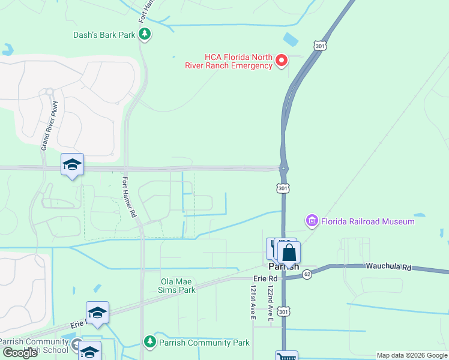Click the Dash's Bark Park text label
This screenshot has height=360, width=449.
pos(104,35)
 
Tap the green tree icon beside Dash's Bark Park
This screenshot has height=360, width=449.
pos(144,34)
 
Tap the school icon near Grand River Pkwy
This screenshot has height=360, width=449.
pos(72,164)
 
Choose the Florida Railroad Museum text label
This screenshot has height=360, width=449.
pos(367,221)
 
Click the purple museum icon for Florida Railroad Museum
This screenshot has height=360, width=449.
pos(312,221)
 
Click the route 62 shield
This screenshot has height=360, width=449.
pos(307,274)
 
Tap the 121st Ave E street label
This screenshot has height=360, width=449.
pos(253,304)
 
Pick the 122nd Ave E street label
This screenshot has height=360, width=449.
pos(270,304)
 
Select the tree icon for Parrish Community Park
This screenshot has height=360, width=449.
pos(149,342)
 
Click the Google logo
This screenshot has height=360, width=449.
pos(20,353)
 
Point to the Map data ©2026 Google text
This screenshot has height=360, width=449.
pos(412,355)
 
